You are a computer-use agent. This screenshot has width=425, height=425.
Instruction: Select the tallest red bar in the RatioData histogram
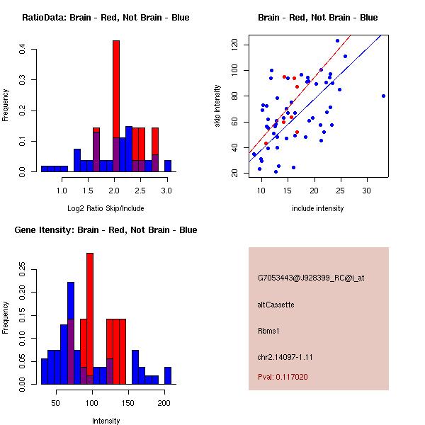(116, 106)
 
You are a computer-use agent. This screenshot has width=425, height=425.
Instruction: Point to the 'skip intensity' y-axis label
(218, 106)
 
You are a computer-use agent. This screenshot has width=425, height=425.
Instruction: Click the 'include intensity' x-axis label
(317, 208)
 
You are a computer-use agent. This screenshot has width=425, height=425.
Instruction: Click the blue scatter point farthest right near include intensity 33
(383, 96)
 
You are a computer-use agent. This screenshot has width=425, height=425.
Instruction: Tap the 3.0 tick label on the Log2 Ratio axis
(166, 190)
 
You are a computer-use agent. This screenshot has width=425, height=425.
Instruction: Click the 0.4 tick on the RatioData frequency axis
(23, 49)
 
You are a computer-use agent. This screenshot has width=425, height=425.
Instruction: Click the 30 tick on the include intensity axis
(367, 190)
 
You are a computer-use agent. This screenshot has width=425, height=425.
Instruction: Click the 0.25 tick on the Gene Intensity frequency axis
(23, 269)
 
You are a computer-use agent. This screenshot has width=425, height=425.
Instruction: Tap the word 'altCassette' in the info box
(276, 305)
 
